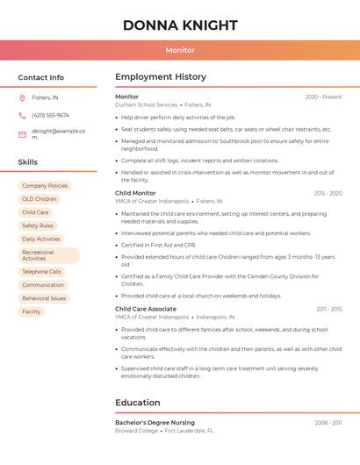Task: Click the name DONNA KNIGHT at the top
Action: tap(180, 25)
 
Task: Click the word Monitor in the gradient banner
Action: tap(180, 50)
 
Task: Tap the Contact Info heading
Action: tap(40, 77)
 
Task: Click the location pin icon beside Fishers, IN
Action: tap(22, 97)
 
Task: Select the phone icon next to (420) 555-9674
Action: tap(22, 115)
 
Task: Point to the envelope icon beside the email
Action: tap(22, 134)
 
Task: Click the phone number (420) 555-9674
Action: tap(50, 115)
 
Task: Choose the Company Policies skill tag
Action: tap(44, 186)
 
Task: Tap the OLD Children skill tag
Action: tap(39, 199)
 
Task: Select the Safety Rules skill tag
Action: tap(38, 225)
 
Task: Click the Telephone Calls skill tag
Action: tap(41, 272)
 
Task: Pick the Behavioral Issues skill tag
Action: tap(44, 298)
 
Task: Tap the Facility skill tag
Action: tap(32, 311)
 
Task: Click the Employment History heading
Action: tap(161, 77)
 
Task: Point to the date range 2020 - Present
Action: tap(323, 97)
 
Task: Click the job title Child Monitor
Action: tap(135, 193)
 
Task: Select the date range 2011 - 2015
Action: tap(329, 309)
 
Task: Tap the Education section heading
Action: tap(138, 403)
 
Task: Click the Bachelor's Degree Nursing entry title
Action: tap(155, 423)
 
